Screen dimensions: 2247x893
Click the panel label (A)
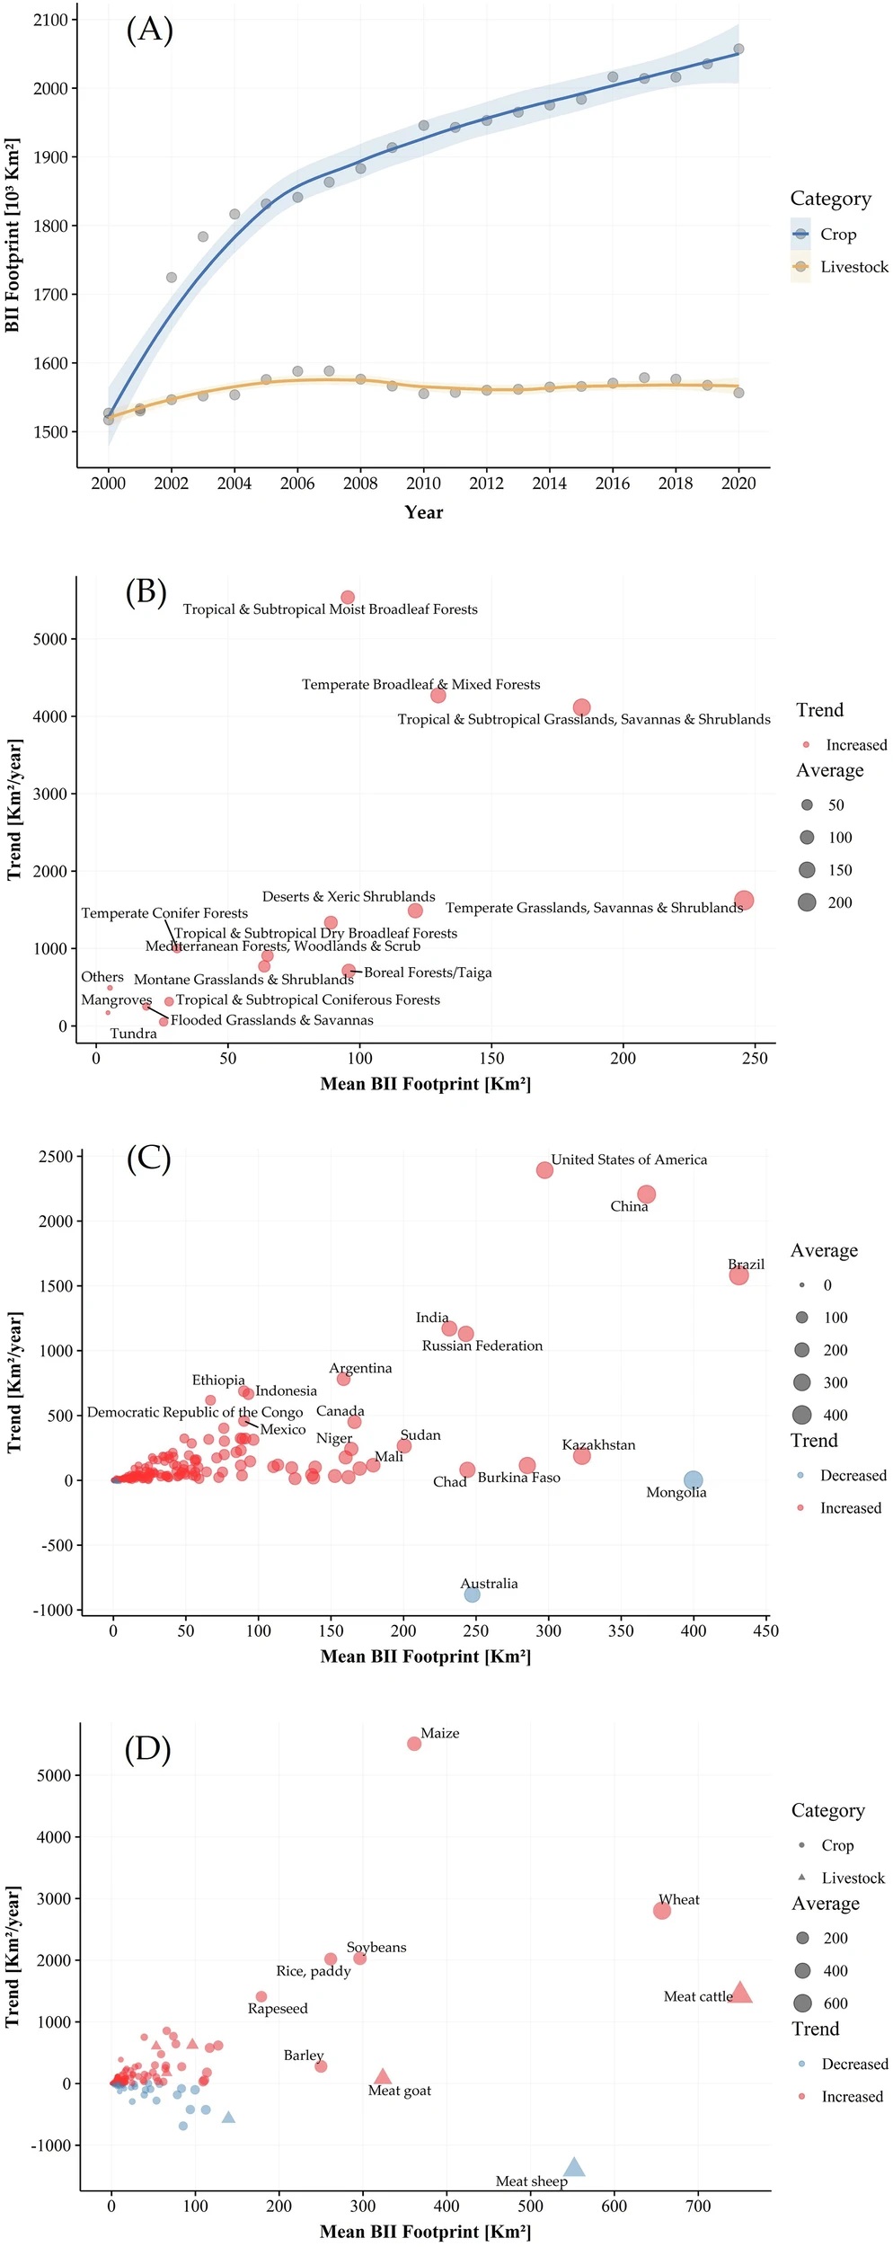coord(149,30)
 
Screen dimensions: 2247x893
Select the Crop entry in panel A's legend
coord(837,235)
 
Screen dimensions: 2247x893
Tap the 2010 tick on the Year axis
coord(423,484)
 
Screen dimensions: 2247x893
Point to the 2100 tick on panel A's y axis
coord(50,20)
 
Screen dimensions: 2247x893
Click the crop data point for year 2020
coord(738,49)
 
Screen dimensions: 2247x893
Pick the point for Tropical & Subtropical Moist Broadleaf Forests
coord(348,598)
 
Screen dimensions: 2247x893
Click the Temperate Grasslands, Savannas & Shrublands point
coord(744,901)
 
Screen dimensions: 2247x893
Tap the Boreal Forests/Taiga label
coord(428,973)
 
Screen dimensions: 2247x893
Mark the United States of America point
coord(544,1170)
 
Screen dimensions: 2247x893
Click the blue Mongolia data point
coord(693,1480)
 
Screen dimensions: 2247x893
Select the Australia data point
coord(472,1594)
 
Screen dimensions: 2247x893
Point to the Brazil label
coord(746,1265)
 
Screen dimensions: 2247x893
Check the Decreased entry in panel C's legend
coord(853,1476)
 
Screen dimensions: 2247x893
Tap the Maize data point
coord(414,1744)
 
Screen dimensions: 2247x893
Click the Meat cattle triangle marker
coord(740,1993)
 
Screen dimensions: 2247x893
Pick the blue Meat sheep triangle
coord(574,2167)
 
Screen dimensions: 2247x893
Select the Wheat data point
coord(662,1911)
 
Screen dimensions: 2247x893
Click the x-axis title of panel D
coord(425,2232)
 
